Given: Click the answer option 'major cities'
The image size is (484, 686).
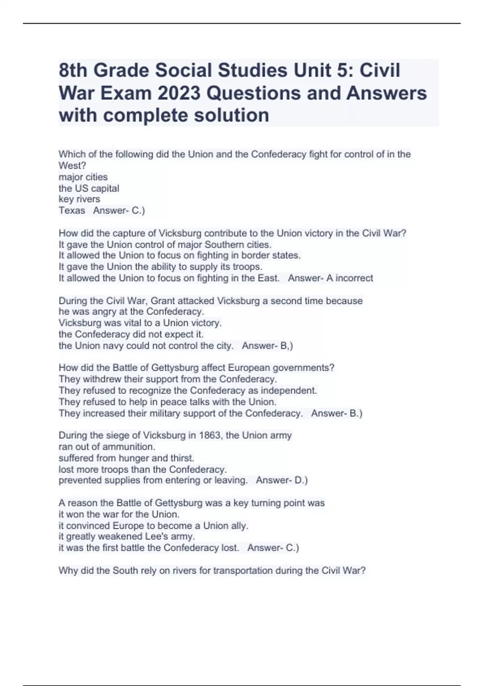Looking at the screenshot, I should pos(83,177).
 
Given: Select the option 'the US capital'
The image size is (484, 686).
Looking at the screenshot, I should pos(89,188).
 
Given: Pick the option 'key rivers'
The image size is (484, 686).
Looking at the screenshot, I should pos(79,199).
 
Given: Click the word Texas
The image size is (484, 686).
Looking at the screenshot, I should pos(72,211).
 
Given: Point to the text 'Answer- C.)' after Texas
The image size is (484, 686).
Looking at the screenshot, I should pos(119,211).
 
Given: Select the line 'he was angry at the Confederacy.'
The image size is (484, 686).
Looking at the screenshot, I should pos(131,312).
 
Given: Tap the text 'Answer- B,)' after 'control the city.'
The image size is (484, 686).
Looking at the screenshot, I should pos(267,346).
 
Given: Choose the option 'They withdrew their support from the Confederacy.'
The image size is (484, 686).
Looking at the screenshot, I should pos(168,379).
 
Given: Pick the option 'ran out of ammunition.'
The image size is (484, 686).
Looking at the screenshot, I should pos(107,447).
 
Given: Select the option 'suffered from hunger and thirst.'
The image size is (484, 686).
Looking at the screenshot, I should pos(126,458).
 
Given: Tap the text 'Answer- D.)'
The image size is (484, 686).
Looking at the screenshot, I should pos(282,480).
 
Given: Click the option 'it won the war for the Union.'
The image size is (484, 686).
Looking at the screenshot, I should pos(119,514).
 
